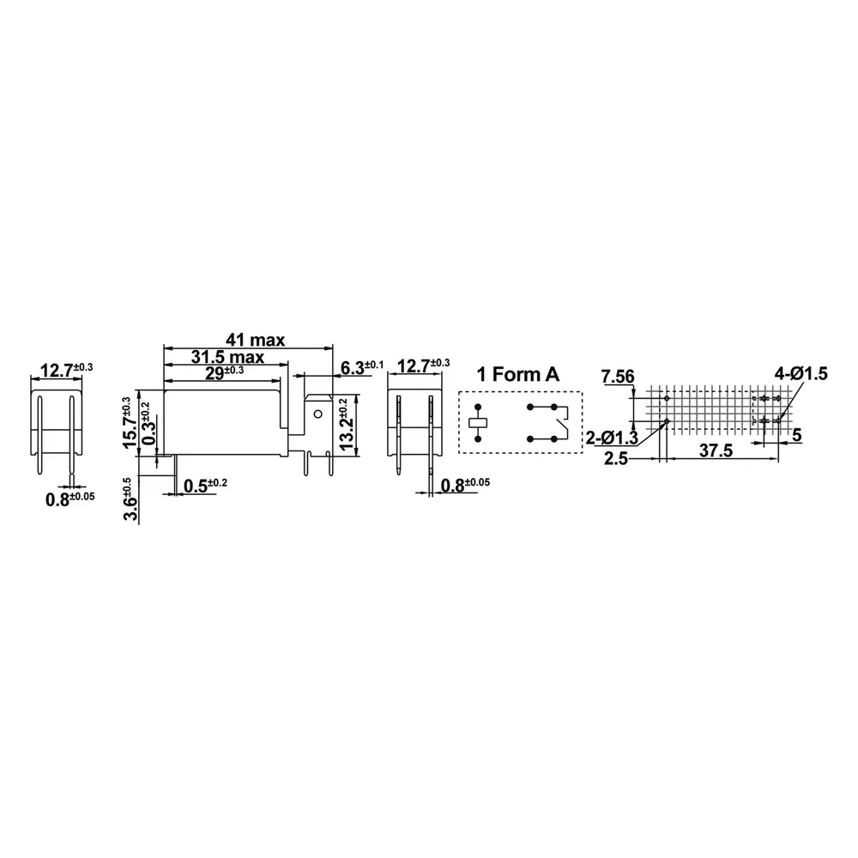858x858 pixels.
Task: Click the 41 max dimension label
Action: [x=256, y=340]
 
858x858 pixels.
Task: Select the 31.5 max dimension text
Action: [x=227, y=357]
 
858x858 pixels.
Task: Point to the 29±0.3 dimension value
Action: [x=224, y=372]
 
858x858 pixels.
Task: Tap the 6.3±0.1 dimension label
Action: [x=362, y=367]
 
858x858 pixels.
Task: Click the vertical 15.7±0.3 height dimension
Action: [x=130, y=422]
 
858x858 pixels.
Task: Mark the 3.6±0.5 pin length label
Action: [x=130, y=499]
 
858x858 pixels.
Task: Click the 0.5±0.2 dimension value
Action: [x=205, y=486]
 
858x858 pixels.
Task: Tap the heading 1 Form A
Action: [x=518, y=374]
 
